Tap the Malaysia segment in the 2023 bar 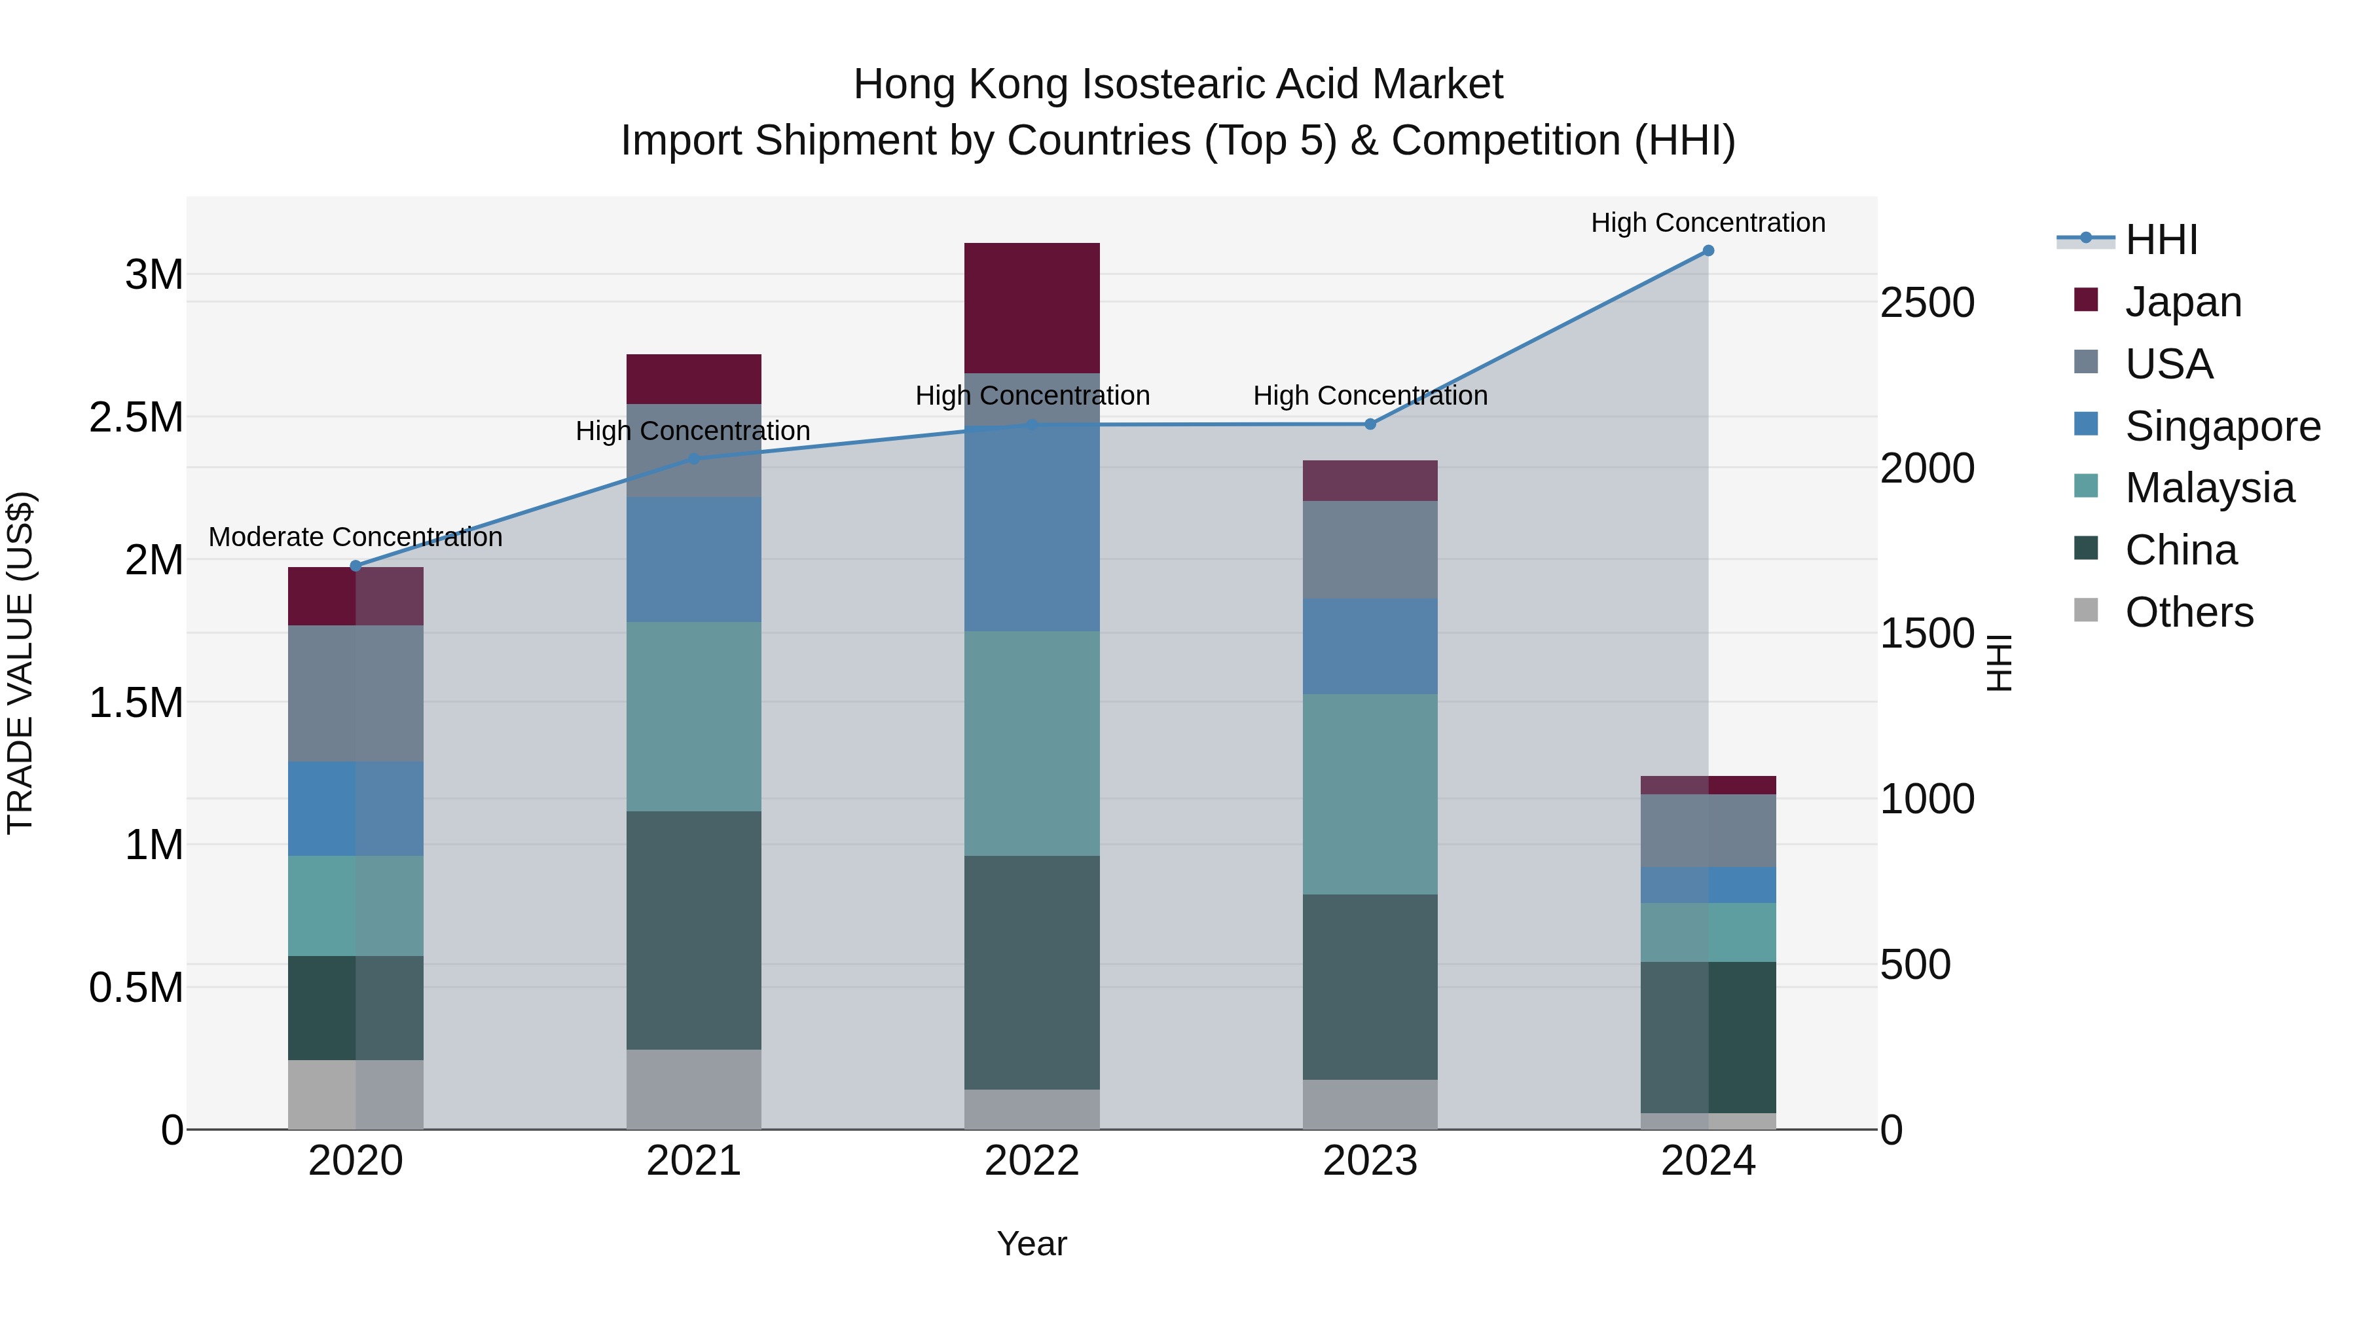point(1370,794)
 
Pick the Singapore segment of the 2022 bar point(1031,531)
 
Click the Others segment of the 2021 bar point(693,1089)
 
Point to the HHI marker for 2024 point(1708,251)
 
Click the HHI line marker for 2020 point(356,566)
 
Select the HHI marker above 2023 point(1370,424)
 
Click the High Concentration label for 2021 point(693,431)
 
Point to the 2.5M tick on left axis point(136,417)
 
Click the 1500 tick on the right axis point(1927,633)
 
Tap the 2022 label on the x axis point(1031,1161)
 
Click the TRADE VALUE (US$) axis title point(20,663)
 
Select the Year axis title point(1031,1243)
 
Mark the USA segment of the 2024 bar point(1708,830)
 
